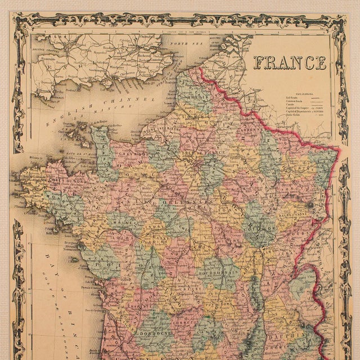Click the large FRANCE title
[290, 62]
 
